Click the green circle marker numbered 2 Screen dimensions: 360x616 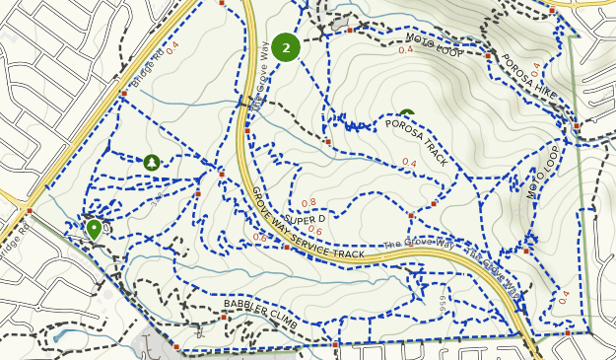[286, 47]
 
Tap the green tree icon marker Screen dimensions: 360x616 [152, 162]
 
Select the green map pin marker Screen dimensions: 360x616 [94, 229]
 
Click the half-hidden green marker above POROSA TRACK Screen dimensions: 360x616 [407, 115]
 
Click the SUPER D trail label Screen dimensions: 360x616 [305, 218]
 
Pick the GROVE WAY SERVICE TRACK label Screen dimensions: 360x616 [308, 226]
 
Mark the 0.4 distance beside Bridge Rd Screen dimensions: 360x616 [173, 45]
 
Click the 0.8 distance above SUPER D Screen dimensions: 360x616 [308, 203]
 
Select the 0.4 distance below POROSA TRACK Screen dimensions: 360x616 [409, 163]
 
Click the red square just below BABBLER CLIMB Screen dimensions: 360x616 [225, 318]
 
